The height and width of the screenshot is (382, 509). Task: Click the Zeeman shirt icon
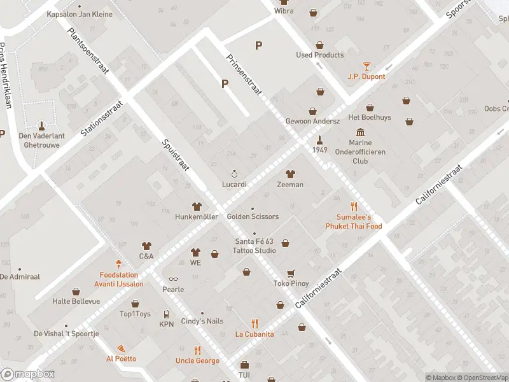coord(290,174)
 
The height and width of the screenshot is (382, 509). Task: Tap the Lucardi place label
coord(234,184)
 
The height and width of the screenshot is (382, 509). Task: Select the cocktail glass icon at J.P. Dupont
coord(366,66)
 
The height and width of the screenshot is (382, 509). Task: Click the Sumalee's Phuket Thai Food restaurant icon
coord(354,206)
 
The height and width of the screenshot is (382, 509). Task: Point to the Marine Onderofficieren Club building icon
coord(361,132)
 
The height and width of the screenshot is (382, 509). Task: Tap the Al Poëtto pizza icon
coord(120,348)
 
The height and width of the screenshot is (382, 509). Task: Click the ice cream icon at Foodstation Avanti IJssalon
coord(118,264)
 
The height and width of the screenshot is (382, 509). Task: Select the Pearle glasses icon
coord(172,279)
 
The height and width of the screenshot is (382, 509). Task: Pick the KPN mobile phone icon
coord(166,314)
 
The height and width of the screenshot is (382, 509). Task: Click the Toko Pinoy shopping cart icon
coord(291,273)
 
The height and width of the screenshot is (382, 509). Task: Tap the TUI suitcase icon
coord(244,365)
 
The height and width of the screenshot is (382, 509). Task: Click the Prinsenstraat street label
coord(244,74)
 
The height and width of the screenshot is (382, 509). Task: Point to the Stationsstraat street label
coord(102,117)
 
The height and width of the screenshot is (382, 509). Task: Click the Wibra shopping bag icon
coord(313,11)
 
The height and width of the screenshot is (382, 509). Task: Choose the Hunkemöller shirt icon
coord(197,206)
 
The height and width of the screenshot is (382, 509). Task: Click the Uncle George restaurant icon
coord(197,350)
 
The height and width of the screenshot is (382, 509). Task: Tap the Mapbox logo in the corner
coord(28,374)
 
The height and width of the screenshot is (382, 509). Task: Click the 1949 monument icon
coord(320,139)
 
